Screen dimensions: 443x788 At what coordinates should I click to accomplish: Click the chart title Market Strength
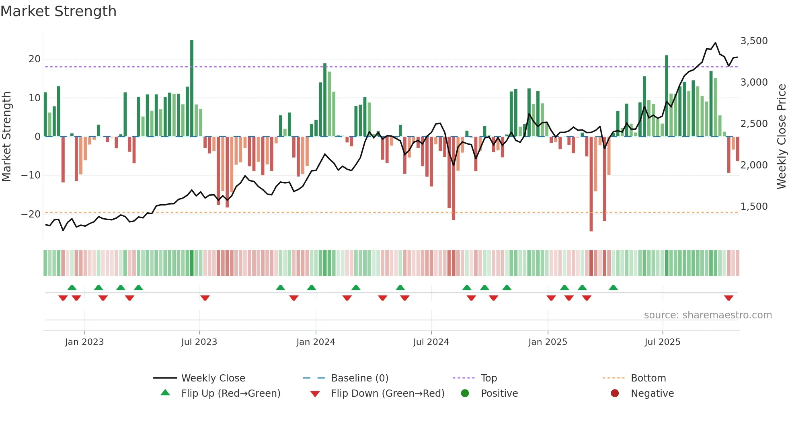pos(58,11)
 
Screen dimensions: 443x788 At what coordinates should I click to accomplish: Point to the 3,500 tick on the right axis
pos(754,41)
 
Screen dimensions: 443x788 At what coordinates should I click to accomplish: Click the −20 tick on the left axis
pos(31,214)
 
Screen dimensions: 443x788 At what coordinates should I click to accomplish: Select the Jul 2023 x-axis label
pos(199,342)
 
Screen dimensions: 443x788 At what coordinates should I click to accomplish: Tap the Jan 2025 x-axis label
pos(548,342)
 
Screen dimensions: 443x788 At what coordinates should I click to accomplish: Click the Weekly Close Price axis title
pos(781,137)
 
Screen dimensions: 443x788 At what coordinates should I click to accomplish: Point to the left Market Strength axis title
pos(7,137)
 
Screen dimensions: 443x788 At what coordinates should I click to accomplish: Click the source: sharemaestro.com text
pos(708,315)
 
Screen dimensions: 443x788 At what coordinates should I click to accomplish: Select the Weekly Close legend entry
pos(213,378)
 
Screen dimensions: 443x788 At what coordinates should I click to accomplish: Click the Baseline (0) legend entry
pos(359,378)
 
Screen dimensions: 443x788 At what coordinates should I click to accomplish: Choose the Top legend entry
pos(489,378)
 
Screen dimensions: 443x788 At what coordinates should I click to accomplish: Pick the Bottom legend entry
pos(648,378)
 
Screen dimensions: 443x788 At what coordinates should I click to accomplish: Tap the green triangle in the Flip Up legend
pos(165,393)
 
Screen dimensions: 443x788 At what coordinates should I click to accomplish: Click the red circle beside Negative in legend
pos(615,393)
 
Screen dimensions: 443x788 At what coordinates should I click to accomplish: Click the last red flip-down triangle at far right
pos(728,298)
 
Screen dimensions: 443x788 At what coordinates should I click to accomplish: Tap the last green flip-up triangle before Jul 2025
pos(613,288)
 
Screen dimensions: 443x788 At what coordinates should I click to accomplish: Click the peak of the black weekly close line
pos(715,43)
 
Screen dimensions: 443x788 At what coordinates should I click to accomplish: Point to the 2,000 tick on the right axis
pos(754,165)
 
